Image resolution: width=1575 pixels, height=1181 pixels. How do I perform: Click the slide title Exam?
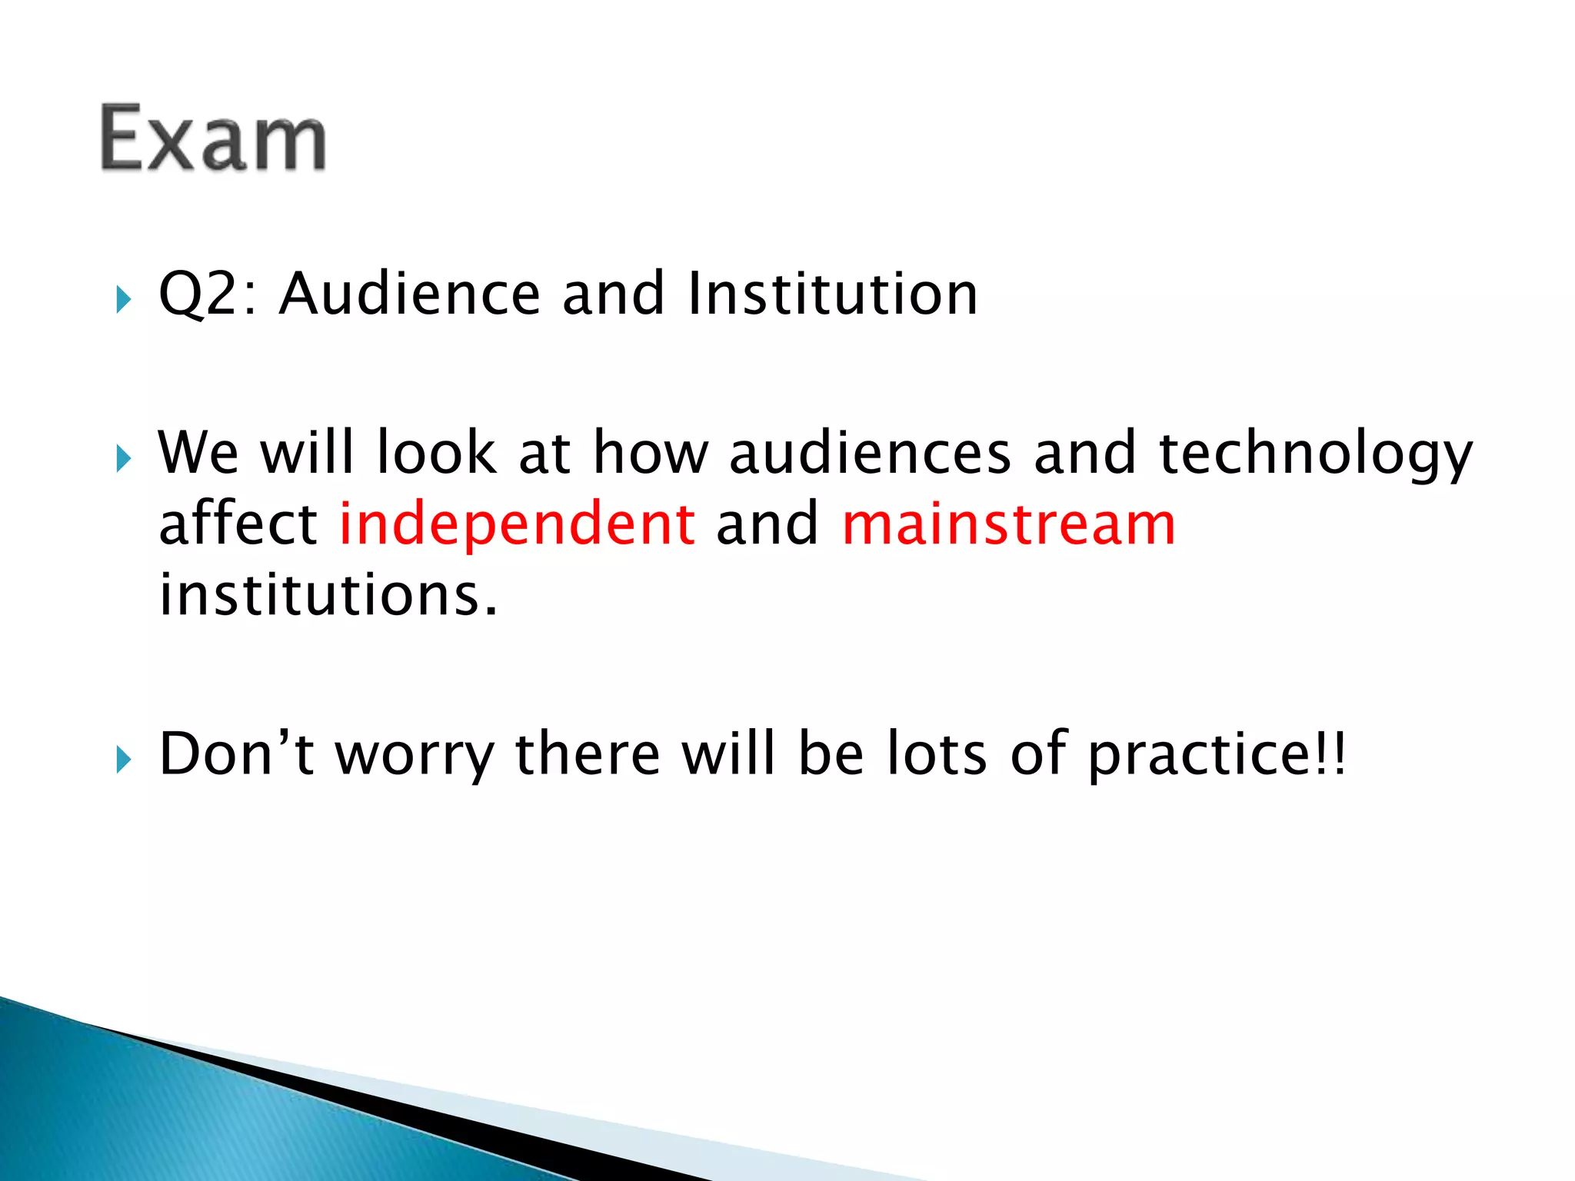tap(213, 138)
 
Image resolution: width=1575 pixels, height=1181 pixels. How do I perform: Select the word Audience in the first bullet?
tap(410, 294)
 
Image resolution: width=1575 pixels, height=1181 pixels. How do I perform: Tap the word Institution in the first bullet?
tap(832, 294)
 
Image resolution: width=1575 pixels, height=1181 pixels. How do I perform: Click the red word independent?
tap(518, 524)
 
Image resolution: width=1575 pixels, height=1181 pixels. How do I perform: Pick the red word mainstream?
tap(1009, 524)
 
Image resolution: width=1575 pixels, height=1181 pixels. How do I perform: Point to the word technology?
tap(1315, 454)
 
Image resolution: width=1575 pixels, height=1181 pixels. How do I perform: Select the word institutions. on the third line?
tap(328, 595)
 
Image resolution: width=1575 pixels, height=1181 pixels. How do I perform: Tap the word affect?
tap(238, 524)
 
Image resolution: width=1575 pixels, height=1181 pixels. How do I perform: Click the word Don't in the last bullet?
tap(236, 754)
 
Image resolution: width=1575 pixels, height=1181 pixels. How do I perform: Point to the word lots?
tap(936, 754)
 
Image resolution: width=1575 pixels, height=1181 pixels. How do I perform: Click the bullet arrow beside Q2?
tap(123, 300)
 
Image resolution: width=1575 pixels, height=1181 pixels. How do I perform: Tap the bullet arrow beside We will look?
tap(123, 460)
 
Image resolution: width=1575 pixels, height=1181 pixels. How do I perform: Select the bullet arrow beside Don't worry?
tap(123, 760)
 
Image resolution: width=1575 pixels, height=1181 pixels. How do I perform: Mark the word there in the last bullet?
tap(587, 754)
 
